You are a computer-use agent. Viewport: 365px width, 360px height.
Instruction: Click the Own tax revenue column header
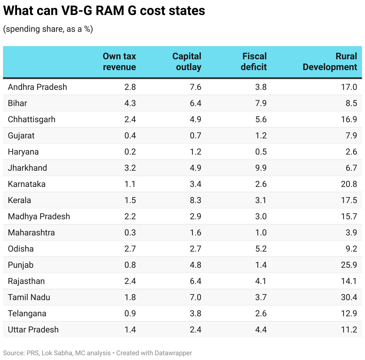119,61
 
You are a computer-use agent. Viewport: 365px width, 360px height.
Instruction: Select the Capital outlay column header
187,61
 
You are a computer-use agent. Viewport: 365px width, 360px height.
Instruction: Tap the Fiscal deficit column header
254,61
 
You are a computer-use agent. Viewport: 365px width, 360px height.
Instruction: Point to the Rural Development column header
330,61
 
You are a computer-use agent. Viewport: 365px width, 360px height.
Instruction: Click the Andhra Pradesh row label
37,87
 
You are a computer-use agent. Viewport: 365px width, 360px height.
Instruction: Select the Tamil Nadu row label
29,297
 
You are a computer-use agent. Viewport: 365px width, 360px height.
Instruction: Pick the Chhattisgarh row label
32,120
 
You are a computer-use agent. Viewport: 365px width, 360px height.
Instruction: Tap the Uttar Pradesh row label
33,330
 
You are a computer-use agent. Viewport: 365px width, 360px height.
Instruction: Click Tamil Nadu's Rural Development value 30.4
349,297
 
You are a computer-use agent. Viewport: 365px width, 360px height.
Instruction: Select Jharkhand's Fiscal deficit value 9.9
261,168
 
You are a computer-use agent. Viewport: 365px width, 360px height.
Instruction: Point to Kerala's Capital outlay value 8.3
195,200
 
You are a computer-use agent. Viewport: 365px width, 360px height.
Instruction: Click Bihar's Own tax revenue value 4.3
130,103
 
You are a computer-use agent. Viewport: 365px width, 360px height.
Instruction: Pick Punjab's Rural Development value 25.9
349,265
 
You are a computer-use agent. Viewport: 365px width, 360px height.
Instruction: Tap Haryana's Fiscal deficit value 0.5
261,152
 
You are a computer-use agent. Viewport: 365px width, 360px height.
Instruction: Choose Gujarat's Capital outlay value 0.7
195,136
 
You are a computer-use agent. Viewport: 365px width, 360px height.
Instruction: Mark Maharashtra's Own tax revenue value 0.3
130,233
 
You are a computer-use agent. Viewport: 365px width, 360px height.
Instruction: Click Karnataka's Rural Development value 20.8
349,184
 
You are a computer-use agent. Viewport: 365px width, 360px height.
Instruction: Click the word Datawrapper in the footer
173,353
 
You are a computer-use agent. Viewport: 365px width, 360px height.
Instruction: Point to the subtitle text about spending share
48,29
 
